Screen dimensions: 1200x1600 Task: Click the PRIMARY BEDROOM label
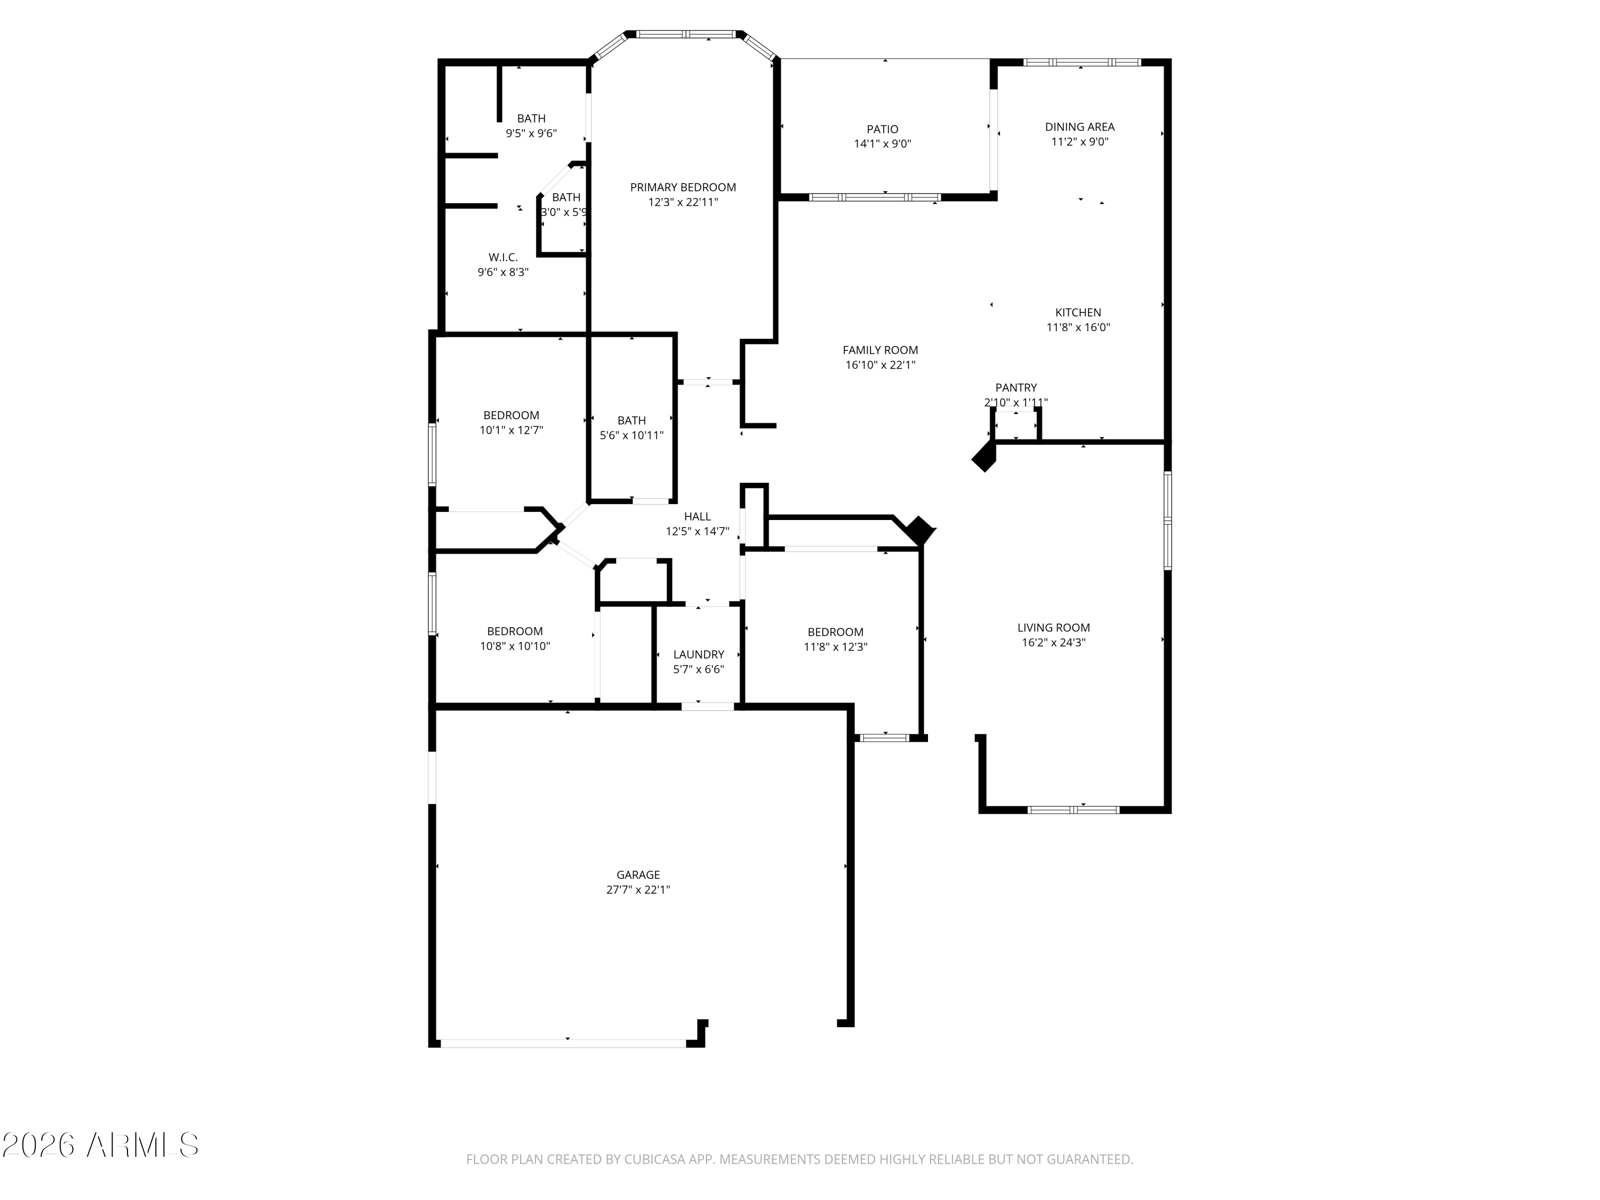[x=683, y=187]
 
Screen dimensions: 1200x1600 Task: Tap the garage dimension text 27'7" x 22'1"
[x=638, y=890]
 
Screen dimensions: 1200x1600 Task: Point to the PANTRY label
[x=1015, y=388]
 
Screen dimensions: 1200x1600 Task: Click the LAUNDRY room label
[x=698, y=654]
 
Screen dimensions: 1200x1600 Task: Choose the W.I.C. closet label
[x=503, y=258]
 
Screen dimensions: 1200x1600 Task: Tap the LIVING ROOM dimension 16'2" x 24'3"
[x=1053, y=642]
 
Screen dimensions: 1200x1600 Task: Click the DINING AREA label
[x=1079, y=126]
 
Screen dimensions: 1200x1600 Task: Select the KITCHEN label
[x=1078, y=313]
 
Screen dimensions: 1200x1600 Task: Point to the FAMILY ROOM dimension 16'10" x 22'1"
[x=881, y=365]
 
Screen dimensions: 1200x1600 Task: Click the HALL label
[x=697, y=516]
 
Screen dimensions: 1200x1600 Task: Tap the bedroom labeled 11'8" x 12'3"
[x=835, y=632]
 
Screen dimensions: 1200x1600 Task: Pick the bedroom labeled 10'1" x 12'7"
[x=511, y=415]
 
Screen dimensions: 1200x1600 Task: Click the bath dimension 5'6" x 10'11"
[x=631, y=435]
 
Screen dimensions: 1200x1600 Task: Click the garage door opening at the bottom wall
[x=564, y=1043]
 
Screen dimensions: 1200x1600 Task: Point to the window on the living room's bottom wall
[x=1074, y=810]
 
